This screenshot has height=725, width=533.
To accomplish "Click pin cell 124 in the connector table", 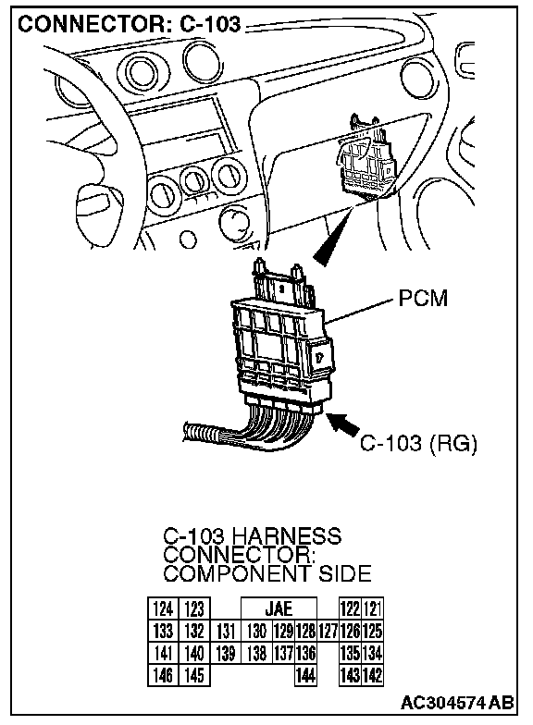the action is (x=163, y=608).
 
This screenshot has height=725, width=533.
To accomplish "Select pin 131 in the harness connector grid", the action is (x=226, y=631).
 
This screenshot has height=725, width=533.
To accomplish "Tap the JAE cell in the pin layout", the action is (x=279, y=608).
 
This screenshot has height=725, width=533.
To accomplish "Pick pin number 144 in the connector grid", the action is (x=305, y=675).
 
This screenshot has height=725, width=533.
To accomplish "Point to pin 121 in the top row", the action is (x=372, y=608).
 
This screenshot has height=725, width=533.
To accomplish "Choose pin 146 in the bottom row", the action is (x=163, y=675).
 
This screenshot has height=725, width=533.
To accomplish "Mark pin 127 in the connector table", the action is (x=328, y=631).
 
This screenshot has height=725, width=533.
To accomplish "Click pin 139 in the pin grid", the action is (x=226, y=653).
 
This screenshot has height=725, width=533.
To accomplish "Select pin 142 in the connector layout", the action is (x=372, y=675).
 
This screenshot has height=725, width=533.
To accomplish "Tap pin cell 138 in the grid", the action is (x=257, y=653).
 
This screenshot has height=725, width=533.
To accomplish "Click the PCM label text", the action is (x=423, y=298).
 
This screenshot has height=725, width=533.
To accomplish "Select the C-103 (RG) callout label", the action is (x=418, y=444).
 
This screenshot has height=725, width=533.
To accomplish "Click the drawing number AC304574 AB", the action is (x=457, y=703).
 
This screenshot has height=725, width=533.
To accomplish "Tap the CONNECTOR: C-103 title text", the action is (x=130, y=24).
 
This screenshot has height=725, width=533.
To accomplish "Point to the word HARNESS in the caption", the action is (x=286, y=536).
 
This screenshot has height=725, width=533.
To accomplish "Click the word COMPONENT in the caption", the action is (x=237, y=573).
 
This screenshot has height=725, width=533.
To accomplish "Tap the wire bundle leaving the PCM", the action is (x=250, y=427).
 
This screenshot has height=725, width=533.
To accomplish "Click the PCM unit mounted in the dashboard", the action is (x=366, y=157).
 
